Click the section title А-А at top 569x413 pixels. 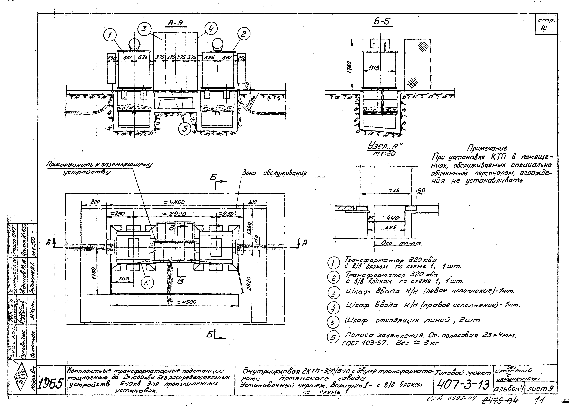tap(176, 23)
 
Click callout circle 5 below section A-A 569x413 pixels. tap(185, 129)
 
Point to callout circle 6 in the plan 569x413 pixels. tap(147, 283)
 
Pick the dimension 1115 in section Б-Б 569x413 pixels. tap(374, 68)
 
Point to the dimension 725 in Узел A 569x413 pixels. tap(394, 191)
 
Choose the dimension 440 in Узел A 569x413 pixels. tap(393, 218)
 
